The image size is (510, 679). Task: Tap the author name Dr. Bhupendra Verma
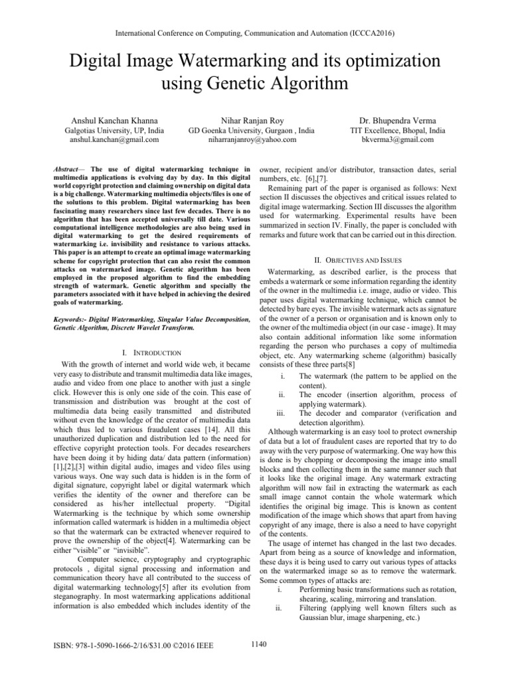388,120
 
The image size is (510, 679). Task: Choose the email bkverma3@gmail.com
388,140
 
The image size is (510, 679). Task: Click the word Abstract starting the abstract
64,162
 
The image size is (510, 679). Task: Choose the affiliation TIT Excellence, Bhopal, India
388,131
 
